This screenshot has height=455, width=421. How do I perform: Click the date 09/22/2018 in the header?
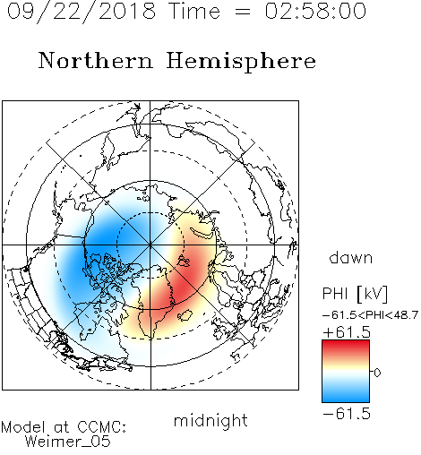[82, 12]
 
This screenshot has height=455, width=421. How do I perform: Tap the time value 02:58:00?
[315, 11]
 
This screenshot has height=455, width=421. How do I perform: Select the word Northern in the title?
[96, 61]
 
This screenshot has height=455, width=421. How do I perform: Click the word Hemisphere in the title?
[241, 61]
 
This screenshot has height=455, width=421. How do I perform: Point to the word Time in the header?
[194, 11]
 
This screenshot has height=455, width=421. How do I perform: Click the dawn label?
[351, 257]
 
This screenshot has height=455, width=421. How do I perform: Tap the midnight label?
[210, 420]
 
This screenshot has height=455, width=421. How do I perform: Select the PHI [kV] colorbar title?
[355, 294]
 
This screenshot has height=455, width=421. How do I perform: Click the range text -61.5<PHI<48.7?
[370, 315]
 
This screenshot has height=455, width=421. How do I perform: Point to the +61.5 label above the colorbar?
[347, 332]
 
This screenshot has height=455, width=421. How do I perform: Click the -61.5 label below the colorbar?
[347, 414]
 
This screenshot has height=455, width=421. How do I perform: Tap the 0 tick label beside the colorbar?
[377, 373]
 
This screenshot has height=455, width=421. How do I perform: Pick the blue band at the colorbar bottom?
[346, 396]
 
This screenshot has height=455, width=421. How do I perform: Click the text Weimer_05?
[68, 441]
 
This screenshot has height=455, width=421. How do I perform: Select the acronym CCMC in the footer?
[101, 427]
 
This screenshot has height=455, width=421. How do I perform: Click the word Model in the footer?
[23, 427]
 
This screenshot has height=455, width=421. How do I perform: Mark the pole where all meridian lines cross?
[150, 245]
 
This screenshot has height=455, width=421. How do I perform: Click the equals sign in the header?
[243, 12]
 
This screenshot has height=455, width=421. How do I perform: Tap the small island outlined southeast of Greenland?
[185, 315]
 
